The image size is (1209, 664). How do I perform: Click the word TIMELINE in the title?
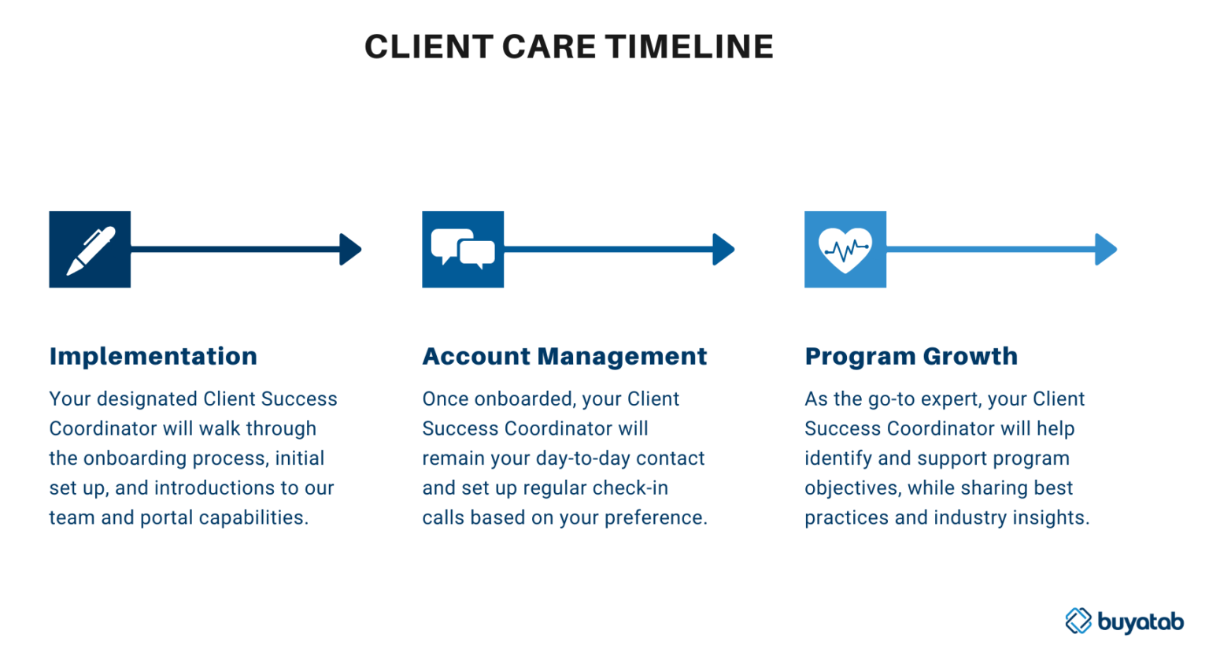coord(690,47)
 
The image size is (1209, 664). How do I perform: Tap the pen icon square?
coord(90,249)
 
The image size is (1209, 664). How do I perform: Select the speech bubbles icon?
coord(463,249)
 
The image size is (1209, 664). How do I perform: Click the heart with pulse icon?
coord(845,249)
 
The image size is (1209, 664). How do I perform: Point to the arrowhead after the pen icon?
coord(350,249)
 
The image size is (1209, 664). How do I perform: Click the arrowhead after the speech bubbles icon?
coord(723,249)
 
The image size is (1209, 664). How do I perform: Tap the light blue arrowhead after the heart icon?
coord(1106,249)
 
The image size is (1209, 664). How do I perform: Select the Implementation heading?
coord(153,356)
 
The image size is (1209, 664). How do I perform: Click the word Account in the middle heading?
coord(476,356)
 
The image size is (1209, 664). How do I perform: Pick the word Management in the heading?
coord(622,356)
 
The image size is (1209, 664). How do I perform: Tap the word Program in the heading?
coord(860,356)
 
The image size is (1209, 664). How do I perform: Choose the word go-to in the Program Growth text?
coord(893,399)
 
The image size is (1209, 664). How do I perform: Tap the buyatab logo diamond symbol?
coord(1078,621)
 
